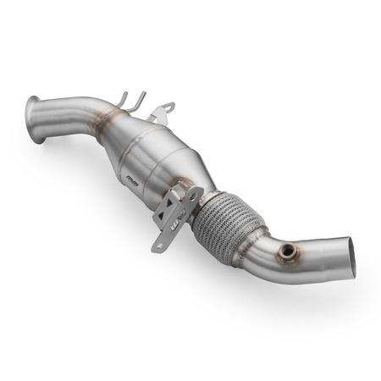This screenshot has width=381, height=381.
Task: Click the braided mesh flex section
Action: coord(224,219)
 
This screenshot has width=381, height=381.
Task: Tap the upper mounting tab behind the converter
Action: coord(163,111)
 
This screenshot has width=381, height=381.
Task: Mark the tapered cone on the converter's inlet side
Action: coord(119,131)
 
